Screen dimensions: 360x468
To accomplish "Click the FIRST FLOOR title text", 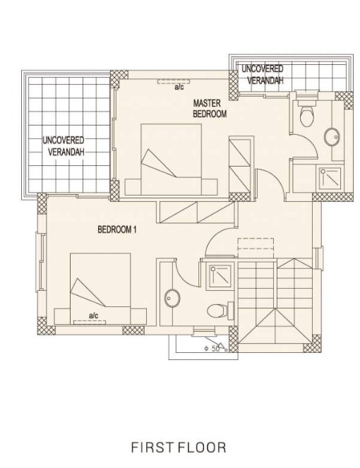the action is point(179,448).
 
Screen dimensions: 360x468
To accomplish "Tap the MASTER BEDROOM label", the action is point(210,109).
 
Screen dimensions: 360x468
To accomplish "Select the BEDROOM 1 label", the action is point(117,229).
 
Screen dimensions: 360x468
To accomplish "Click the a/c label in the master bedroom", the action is point(179,87).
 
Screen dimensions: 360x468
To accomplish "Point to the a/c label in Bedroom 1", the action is point(93,316).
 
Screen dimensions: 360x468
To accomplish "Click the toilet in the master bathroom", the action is point(307,114).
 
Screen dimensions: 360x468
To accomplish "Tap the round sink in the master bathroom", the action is point(332,138).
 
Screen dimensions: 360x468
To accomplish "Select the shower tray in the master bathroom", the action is point(330,179).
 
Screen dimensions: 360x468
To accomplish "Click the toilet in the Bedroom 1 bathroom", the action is point(220,311).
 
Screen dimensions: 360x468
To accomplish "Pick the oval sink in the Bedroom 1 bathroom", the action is point(172,298).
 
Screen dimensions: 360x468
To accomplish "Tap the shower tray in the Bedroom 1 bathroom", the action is point(220,276).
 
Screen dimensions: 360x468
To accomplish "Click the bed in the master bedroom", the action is point(171,160).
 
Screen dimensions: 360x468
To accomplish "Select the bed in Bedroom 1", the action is point(101,289).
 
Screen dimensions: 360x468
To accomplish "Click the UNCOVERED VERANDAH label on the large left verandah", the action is point(64,146).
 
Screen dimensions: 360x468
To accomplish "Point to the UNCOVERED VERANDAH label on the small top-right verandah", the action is point(263,74).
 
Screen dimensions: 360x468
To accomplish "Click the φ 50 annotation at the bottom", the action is point(212,348).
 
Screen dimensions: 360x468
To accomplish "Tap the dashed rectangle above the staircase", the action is point(256,244).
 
